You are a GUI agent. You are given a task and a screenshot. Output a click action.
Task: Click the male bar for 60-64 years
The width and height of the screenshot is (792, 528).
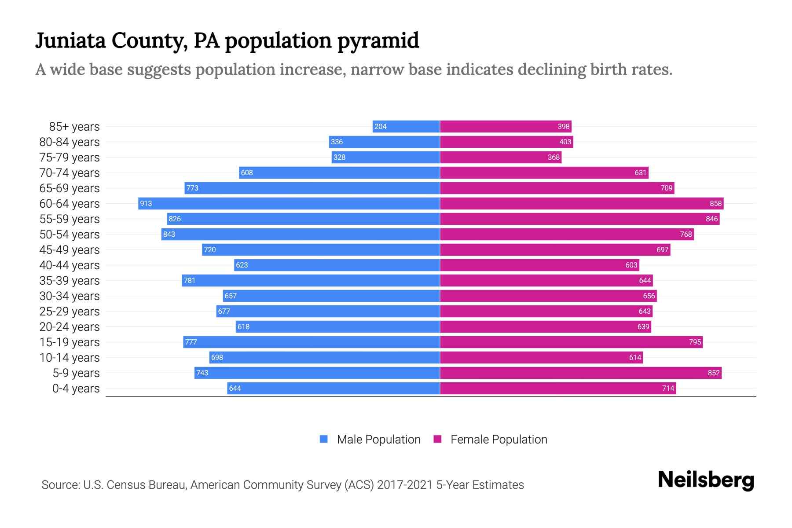click(289, 203)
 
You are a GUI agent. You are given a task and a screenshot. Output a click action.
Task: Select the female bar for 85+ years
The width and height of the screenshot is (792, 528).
click(506, 127)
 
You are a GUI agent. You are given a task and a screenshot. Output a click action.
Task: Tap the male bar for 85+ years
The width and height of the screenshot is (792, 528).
click(406, 127)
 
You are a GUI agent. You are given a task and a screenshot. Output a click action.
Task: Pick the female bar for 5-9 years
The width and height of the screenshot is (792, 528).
click(581, 373)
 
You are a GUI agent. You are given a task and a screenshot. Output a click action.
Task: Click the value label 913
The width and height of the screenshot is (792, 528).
click(146, 204)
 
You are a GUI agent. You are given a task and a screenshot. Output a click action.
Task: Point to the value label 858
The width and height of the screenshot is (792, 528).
click(715, 204)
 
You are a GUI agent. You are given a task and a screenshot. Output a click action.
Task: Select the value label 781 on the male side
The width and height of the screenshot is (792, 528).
click(190, 281)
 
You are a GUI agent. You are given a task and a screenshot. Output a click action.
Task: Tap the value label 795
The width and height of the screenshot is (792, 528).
click(695, 342)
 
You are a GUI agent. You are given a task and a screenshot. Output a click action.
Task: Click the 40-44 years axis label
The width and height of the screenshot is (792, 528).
click(70, 265)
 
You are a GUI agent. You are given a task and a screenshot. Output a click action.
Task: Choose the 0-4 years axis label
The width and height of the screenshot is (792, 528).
click(76, 389)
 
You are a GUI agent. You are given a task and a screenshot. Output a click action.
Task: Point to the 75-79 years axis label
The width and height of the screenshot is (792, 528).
click(70, 158)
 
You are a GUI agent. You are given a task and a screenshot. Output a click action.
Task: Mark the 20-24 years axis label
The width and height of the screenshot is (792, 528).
click(70, 327)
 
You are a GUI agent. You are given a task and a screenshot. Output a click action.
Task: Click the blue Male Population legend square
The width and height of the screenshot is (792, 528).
click(324, 439)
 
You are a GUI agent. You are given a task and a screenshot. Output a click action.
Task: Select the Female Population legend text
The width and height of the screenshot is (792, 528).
click(499, 440)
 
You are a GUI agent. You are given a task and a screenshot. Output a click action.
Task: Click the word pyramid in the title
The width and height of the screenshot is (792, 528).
click(378, 41)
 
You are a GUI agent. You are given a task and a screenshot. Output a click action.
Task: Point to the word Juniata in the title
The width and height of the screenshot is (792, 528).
click(70, 41)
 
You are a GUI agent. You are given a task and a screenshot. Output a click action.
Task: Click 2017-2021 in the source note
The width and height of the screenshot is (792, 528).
click(405, 485)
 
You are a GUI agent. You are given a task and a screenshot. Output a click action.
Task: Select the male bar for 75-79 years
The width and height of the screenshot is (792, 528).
click(386, 158)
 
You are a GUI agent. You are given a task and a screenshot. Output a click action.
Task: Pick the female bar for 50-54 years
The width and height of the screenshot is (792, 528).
click(567, 235)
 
